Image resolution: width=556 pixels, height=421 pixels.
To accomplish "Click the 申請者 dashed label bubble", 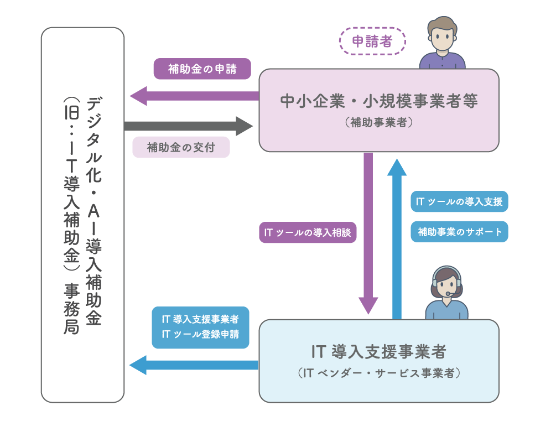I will tap(372, 42).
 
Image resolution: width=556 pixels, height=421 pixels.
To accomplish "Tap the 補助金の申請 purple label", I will tap(202, 69).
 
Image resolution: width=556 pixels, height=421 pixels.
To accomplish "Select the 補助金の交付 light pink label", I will tap(181, 147).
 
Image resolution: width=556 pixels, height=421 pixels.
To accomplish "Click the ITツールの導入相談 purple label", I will tap(308, 233).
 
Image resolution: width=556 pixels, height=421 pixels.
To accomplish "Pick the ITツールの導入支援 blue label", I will tap(459, 201).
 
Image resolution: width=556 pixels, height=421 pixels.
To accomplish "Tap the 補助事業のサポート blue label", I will tap(459, 232).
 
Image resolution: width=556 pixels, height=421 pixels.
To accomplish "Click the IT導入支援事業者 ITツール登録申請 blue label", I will tap(200, 327).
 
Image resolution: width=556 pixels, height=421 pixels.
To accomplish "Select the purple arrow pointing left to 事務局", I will tap(194, 96).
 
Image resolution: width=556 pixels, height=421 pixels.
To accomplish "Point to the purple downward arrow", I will tap(368, 232).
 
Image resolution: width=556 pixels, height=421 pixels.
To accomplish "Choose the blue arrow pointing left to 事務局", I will tap(194, 365).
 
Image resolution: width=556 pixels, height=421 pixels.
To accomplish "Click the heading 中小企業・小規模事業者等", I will tap(379, 102).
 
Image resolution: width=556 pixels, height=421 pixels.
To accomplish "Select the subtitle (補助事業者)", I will tap(379, 123).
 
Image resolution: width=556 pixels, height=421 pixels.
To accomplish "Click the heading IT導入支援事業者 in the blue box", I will tap(379, 351).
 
